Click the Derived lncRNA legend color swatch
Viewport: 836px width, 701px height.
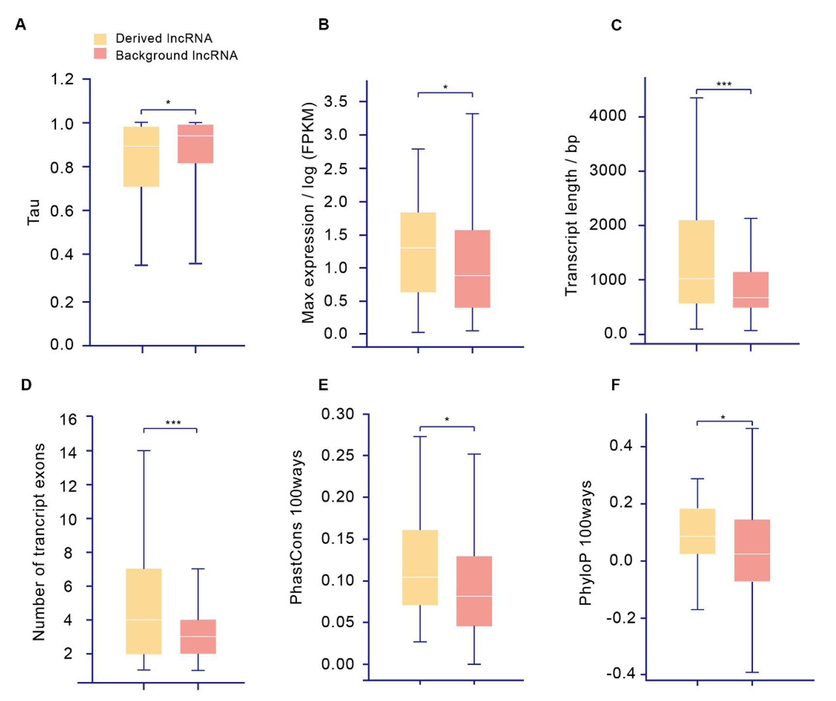100,39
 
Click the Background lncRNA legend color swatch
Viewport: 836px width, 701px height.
100,54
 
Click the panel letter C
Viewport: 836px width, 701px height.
616,25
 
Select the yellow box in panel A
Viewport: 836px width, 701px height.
141,156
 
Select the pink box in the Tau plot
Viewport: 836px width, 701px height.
195,144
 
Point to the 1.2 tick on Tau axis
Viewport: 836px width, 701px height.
62,79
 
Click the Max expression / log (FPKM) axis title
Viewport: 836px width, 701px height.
308,212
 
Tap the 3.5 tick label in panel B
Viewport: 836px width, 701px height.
335,102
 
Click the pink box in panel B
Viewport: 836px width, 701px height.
472,269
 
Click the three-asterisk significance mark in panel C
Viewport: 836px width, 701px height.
723,85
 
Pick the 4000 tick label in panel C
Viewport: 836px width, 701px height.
608,116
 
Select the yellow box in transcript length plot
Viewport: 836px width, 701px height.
696,262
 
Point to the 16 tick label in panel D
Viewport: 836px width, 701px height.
68,419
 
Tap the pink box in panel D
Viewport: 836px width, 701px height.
198,636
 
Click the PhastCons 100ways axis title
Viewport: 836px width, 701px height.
296,527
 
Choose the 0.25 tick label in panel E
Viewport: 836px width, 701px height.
338,456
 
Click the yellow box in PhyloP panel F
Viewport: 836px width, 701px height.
697,531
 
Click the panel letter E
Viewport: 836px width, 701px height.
323,385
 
